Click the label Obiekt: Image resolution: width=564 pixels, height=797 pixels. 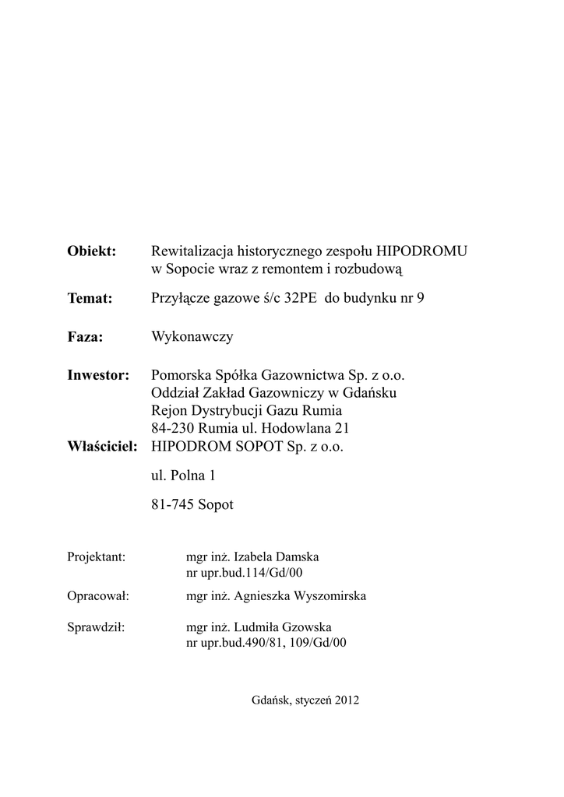click(91, 251)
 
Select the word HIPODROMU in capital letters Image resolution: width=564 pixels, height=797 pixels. click(422, 251)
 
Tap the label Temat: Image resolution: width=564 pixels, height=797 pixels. click(90, 298)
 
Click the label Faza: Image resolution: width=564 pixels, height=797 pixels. click(86, 337)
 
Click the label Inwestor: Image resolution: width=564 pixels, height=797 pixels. click(98, 376)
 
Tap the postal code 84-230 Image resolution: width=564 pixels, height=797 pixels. click(174, 428)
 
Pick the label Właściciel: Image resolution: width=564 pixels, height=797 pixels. click(103, 448)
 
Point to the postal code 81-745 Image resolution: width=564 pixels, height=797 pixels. click(174, 504)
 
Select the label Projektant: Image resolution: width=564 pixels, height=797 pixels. click(97, 557)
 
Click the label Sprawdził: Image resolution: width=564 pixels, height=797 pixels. click(96, 627)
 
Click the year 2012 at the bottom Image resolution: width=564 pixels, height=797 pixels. click(347, 700)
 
